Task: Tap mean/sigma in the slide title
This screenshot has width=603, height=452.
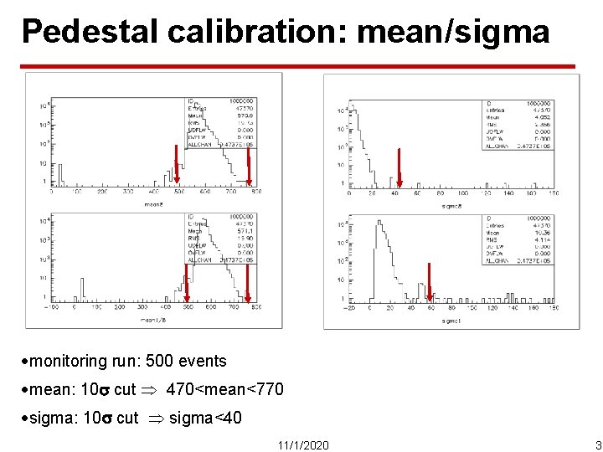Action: [x=453, y=32]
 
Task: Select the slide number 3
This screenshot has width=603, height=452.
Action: [x=597, y=444]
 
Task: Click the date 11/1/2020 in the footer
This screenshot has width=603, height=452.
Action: [x=302, y=444]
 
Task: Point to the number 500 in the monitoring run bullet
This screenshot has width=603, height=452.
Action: [x=160, y=362]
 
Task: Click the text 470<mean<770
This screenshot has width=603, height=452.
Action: [x=225, y=389]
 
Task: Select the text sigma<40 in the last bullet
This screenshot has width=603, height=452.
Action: [x=205, y=417]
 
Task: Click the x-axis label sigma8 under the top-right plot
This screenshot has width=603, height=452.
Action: [x=453, y=205]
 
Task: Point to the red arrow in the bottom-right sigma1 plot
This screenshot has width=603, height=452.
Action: [x=429, y=282]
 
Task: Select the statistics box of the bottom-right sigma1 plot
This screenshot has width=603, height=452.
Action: [x=518, y=240]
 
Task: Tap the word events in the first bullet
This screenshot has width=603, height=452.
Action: [x=202, y=362]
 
